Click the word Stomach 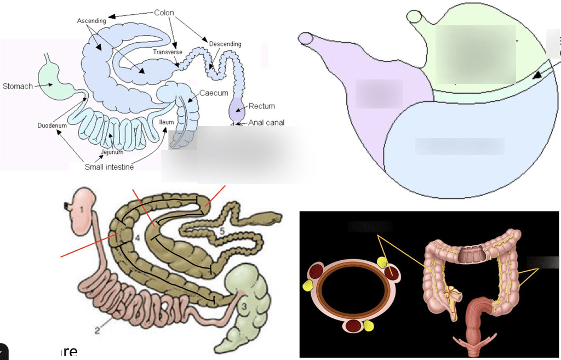[x=18, y=86]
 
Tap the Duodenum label [x=52, y=125]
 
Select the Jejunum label [x=112, y=152]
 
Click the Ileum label [x=167, y=122]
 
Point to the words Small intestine [x=109, y=167]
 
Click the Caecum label [x=214, y=93]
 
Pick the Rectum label [x=262, y=106]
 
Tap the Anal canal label [x=266, y=123]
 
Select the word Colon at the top [x=164, y=13]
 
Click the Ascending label [x=91, y=21]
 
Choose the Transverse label [x=168, y=52]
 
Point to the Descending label [x=225, y=44]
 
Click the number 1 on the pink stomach [x=81, y=209]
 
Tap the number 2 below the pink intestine [x=97, y=330]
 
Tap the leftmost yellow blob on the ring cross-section [x=307, y=285]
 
